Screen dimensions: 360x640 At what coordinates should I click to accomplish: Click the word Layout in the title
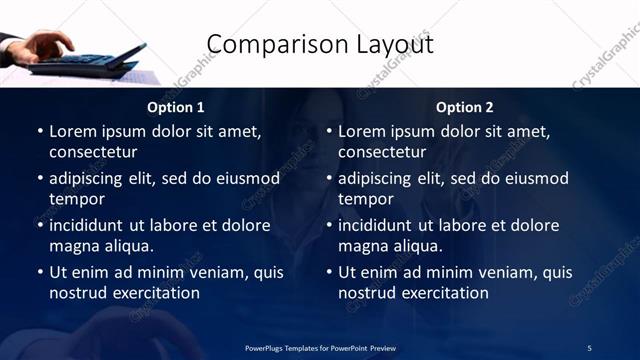click(392, 45)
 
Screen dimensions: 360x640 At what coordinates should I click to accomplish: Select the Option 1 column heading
click(176, 107)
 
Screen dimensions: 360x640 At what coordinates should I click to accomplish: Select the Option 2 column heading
click(465, 107)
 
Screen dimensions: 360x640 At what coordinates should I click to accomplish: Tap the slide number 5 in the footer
click(589, 348)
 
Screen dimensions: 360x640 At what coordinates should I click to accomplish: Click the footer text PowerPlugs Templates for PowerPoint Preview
click(320, 348)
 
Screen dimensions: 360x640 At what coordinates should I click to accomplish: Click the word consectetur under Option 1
click(93, 153)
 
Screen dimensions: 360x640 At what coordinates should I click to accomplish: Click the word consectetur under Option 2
click(382, 153)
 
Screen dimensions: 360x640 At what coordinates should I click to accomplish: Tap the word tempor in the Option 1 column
click(76, 199)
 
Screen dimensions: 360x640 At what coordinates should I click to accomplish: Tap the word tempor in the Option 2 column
click(365, 199)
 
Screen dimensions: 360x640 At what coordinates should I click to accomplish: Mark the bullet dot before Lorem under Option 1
click(39, 132)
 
